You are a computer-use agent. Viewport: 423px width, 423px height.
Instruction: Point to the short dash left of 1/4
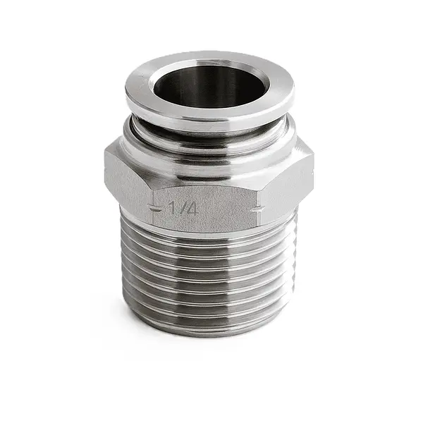157,208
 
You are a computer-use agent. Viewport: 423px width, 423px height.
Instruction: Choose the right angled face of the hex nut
289,180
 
